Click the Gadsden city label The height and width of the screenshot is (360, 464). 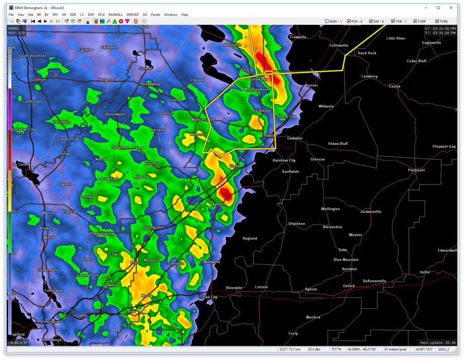[x=295, y=138]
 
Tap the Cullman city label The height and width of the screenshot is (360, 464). [x=39, y=79]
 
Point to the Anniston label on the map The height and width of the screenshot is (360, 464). [x=349, y=269]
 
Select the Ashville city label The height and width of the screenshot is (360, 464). [x=219, y=204]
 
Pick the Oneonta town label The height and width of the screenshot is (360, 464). [x=152, y=163]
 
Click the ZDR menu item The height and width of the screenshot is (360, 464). [x=73, y=15]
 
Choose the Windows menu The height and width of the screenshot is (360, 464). [x=171, y=15]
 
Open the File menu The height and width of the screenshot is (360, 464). [x=11, y=15]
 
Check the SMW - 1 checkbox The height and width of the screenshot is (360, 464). [x=327, y=21]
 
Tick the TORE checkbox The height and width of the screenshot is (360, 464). [x=437, y=21]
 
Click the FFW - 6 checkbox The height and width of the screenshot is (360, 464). [x=349, y=21]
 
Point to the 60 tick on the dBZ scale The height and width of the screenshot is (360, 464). [x=14, y=130]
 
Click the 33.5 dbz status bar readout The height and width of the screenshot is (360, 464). [x=314, y=349]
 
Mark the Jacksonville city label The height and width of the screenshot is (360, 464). [x=371, y=212]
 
